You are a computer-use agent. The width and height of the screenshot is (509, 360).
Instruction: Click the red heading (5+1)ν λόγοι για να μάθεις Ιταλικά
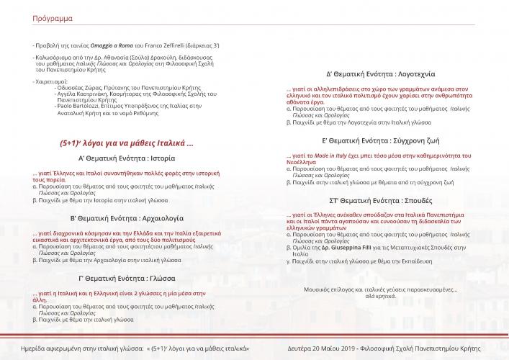(x=127, y=143)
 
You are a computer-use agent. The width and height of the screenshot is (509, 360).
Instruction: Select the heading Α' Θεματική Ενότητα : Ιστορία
(x=127, y=158)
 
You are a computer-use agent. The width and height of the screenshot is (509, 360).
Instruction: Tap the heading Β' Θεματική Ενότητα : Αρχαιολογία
(x=127, y=217)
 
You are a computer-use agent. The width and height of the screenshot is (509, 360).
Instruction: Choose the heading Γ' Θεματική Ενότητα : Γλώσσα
(x=127, y=277)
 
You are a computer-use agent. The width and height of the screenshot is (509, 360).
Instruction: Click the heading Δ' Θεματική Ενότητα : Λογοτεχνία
(x=379, y=74)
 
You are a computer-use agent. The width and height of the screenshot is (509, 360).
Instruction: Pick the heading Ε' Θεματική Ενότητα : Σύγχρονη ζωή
(x=379, y=140)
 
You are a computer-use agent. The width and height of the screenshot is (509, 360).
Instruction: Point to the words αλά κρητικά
(x=379, y=295)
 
